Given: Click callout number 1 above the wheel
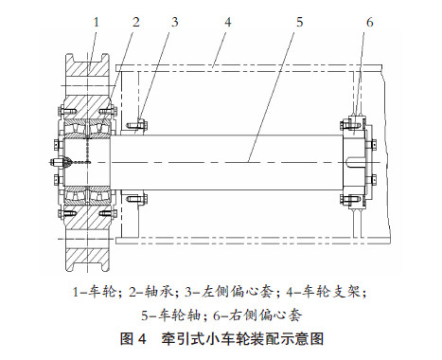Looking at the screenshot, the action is (x=97, y=22).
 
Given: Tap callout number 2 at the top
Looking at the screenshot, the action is (x=136, y=22).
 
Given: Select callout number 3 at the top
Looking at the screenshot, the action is (x=175, y=22).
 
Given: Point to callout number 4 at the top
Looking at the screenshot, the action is (x=228, y=22).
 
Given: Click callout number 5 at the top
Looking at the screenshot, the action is (x=299, y=22).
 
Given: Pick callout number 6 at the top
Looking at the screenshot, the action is (x=369, y=22).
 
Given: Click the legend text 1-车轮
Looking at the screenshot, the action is (x=95, y=292).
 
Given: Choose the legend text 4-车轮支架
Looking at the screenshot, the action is (x=323, y=292).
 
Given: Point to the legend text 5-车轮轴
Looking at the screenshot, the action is (x=171, y=315).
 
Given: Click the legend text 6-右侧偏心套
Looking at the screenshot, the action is (x=257, y=315).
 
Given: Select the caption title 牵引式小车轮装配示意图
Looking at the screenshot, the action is (x=242, y=339).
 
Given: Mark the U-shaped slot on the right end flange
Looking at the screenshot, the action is (x=354, y=162).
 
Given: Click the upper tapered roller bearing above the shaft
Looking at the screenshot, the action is (x=87, y=129).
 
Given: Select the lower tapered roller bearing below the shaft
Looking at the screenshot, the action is (x=87, y=195).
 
